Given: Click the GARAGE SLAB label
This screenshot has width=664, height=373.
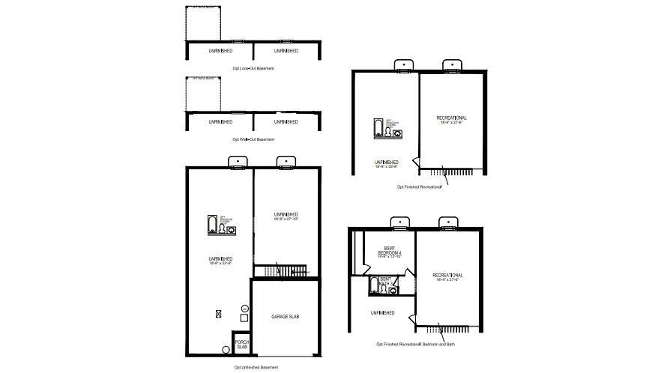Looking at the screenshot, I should [285, 317].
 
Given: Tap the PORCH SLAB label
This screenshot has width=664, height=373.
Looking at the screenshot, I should [241, 345].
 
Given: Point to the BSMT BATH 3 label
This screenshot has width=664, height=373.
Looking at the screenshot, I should [386, 282].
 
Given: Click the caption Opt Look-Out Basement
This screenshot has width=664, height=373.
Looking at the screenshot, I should [253, 68].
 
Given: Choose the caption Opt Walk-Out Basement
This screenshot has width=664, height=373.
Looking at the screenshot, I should [253, 139].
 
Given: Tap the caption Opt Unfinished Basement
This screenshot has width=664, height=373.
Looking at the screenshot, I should [256, 368].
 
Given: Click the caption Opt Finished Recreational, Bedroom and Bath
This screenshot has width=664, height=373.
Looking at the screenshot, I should [414, 345].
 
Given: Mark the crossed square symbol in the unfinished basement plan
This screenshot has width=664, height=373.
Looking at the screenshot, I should [219, 314].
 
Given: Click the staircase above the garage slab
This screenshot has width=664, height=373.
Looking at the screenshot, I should [280, 270].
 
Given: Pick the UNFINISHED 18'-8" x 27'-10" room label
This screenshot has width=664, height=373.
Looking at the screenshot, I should [286, 217].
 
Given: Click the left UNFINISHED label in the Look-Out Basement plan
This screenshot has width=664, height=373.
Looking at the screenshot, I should [220, 51].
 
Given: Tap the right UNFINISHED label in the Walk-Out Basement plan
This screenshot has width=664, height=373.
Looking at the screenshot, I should [286, 121].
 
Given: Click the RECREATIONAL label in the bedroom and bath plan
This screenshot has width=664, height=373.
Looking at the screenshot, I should [447, 277].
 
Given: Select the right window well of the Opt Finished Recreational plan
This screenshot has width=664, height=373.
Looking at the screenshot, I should [451, 66].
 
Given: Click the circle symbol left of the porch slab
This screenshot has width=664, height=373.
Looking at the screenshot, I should [226, 349].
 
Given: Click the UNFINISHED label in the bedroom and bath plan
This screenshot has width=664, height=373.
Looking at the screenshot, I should [382, 312].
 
